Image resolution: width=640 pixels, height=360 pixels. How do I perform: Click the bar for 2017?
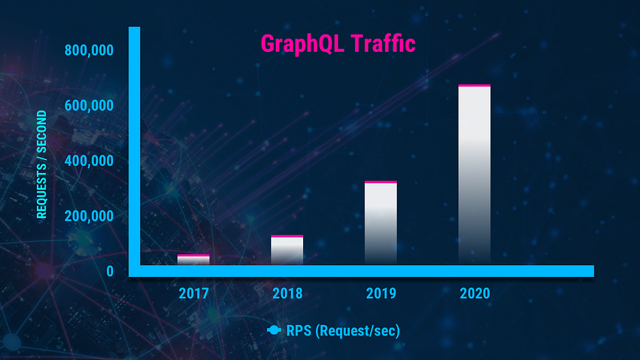click(x=194, y=260)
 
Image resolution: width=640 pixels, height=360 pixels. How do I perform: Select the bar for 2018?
click(x=287, y=250)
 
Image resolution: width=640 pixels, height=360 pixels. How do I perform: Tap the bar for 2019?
click(x=381, y=223)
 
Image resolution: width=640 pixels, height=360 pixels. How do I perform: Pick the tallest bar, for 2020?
click(x=474, y=175)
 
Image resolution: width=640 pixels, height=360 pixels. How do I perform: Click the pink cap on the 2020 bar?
click(x=474, y=86)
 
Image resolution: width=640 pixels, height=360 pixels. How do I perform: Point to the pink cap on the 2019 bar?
click(x=381, y=182)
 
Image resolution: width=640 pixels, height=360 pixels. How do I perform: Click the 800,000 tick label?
click(x=89, y=50)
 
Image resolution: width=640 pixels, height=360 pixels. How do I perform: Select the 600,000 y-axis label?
click(x=89, y=106)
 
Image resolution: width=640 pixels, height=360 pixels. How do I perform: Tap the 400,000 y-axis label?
click(x=89, y=161)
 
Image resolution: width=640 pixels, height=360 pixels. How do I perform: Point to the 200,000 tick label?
click(x=89, y=216)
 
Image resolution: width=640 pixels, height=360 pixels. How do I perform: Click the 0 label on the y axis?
click(x=110, y=271)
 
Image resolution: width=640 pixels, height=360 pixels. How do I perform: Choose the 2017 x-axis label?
click(x=194, y=294)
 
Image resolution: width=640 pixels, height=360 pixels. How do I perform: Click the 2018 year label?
click(x=287, y=294)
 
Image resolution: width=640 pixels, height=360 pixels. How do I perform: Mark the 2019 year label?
click(x=381, y=294)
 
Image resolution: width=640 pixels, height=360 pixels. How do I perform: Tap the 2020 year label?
click(x=475, y=294)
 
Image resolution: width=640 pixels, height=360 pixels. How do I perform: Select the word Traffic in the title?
click(x=383, y=43)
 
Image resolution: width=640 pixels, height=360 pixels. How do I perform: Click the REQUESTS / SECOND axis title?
click(x=42, y=164)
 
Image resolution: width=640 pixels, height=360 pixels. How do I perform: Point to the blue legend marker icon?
click(x=274, y=330)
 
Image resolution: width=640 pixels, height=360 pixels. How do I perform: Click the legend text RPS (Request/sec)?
click(x=343, y=331)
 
